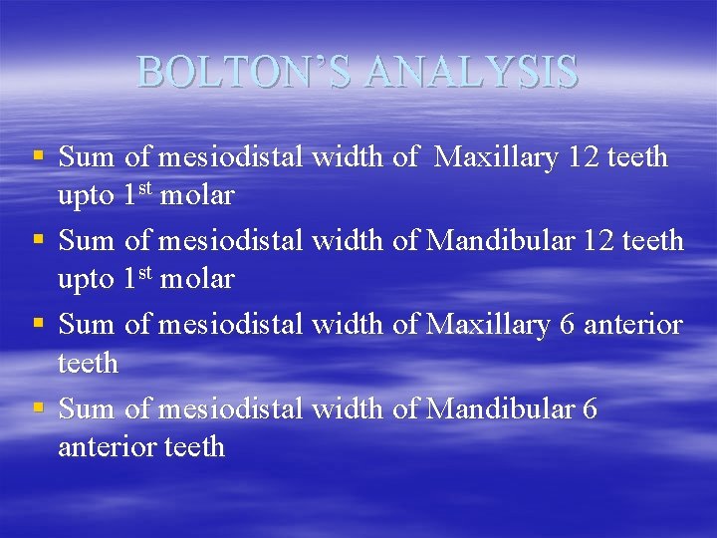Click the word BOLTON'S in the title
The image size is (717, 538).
[x=247, y=72]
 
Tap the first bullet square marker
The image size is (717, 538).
[x=38, y=156]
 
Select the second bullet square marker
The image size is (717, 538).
[x=38, y=240]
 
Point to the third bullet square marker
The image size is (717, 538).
[x=38, y=324]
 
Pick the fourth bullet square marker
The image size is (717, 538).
[x=38, y=407]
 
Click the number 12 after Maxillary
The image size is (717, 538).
[x=586, y=157]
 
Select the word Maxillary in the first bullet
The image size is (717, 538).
[x=498, y=157]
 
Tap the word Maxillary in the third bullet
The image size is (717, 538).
[x=488, y=325]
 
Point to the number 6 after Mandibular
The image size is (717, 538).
[x=591, y=408]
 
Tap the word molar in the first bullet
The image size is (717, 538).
[x=197, y=196]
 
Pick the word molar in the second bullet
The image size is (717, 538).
[x=197, y=280]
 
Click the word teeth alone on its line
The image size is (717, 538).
[x=88, y=364]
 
